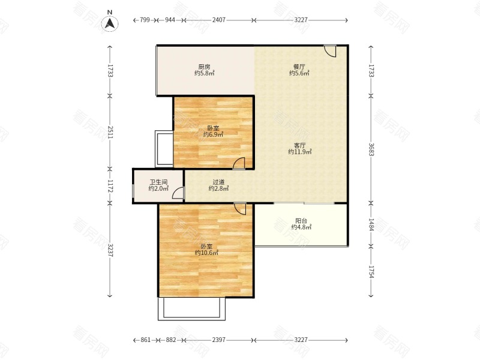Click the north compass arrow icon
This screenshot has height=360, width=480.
[110, 23]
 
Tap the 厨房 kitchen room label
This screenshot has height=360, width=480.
[204, 67]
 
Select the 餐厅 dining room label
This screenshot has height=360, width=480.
[299, 67]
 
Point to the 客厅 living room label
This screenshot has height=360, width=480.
[299, 145]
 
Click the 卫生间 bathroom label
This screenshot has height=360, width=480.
[158, 182]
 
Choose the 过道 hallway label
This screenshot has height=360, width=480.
[218, 182]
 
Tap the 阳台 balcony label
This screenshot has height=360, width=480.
[301, 220]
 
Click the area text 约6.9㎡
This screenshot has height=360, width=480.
[214, 134]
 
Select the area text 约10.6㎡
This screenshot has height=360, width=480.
[206, 253]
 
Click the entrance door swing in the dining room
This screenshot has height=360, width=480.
[331, 51]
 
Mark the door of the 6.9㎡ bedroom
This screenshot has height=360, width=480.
[239, 163]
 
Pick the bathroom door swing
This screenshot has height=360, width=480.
[178, 193]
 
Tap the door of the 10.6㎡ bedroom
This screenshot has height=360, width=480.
[239, 209]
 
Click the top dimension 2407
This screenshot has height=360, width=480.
[219, 20]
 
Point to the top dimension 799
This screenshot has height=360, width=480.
[145, 20]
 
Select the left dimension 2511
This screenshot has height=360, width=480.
[110, 132]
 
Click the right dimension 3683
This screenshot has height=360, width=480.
[371, 149]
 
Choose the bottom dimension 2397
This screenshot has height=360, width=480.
[219, 340]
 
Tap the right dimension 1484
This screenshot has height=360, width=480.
[371, 224]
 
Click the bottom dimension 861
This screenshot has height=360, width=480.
[146, 340]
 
